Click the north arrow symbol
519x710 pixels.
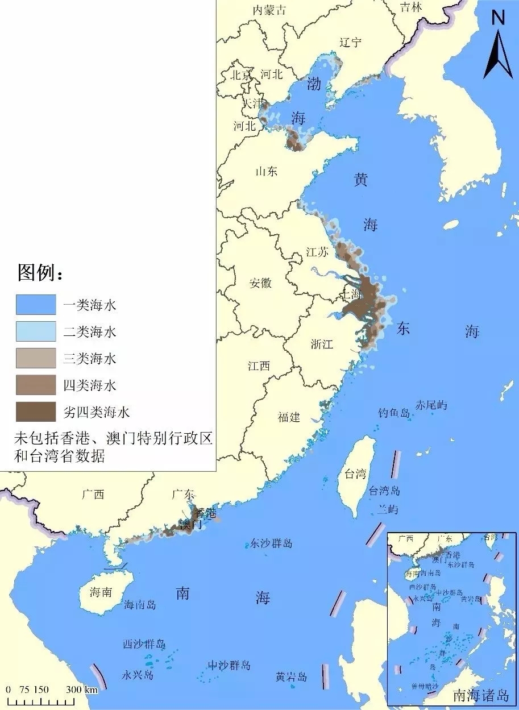tap(498, 45)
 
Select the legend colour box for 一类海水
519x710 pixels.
tap(36, 305)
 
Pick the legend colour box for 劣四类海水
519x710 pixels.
tap(36, 412)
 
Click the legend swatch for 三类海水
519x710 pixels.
tap(36, 358)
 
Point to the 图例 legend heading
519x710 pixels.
tap(40, 273)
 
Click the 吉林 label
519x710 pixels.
tap(411, 7)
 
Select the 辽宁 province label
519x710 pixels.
tap(350, 43)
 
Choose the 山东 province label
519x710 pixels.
tap(266, 170)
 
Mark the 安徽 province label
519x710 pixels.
tap(260, 283)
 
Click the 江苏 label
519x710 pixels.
tap(317, 252)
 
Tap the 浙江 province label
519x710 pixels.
tap(322, 344)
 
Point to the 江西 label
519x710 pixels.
tap(259, 366)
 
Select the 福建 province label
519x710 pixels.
tap(289, 417)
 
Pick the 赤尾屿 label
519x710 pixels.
tap(431, 405)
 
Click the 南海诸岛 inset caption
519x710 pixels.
tap(479, 695)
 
